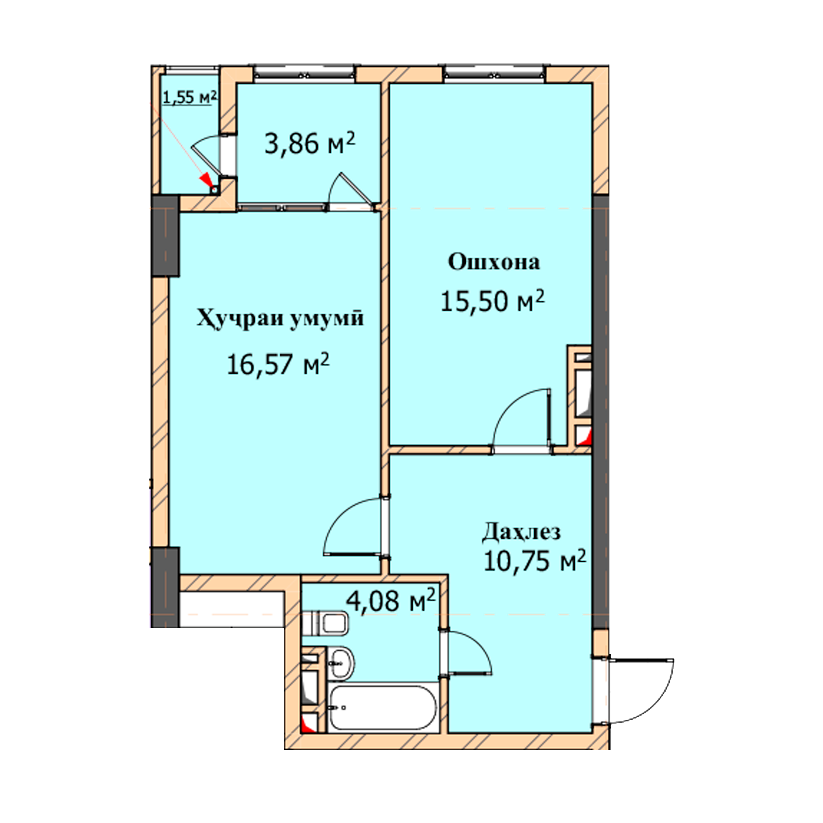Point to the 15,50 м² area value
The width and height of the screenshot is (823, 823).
tap(493, 300)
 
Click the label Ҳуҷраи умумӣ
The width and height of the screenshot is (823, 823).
tap(280, 319)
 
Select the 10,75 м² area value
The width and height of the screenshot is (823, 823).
tap(535, 560)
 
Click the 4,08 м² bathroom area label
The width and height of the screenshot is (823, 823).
tap(391, 601)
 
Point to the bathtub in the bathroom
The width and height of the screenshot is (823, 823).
tap(382, 708)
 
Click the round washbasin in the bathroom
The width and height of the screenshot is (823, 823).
tap(342, 664)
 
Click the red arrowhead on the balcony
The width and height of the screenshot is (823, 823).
tap(207, 180)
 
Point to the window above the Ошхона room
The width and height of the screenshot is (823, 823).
tap(495, 74)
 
